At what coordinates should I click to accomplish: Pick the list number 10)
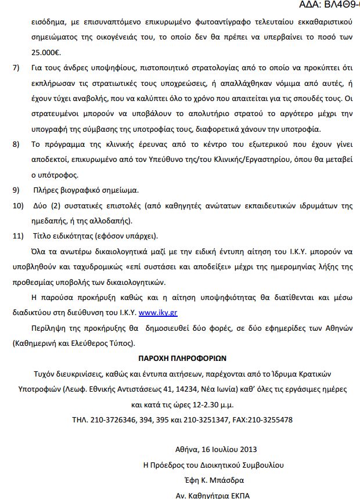[x=18, y=206]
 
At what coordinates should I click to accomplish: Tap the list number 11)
[x=18, y=236]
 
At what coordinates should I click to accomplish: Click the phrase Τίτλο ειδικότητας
[x=56, y=236]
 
